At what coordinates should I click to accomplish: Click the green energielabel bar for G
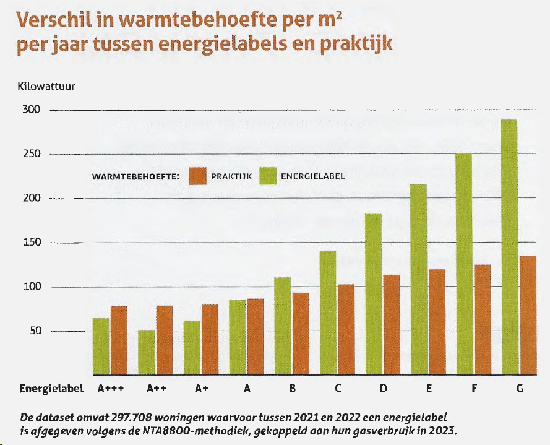(510, 247)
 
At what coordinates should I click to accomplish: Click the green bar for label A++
(147, 352)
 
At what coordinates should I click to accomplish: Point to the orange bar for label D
(391, 325)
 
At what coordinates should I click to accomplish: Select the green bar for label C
(328, 313)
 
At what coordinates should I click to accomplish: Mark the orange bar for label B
(301, 334)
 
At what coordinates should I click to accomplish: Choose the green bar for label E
(419, 279)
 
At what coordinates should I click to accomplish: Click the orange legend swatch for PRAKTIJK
(197, 176)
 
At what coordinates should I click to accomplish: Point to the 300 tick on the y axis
(32, 110)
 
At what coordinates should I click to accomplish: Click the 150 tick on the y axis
(32, 243)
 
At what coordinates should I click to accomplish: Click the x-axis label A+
(201, 390)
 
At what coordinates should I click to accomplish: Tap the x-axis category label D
(384, 390)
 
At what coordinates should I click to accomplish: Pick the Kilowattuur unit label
(46, 87)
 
